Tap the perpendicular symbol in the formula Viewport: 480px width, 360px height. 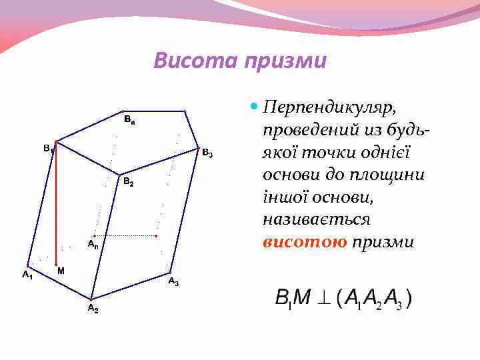323,299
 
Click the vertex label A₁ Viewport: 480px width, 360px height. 27,274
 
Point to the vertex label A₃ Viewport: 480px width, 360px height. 173,282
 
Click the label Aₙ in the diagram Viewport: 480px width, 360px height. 93,244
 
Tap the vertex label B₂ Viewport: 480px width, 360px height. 129,183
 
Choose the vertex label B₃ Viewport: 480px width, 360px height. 207,155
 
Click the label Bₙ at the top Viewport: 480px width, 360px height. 130,120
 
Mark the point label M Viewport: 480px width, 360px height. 61,271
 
